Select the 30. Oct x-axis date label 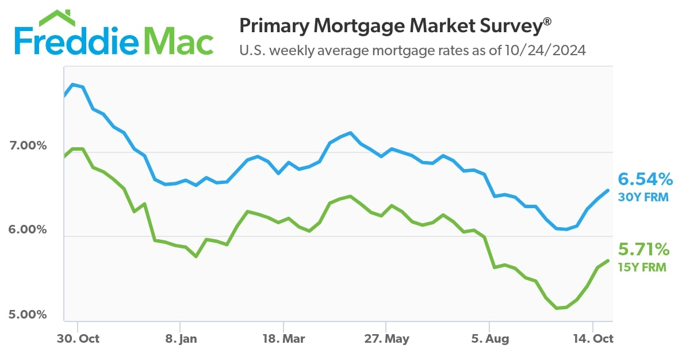pyautogui.click(x=79, y=339)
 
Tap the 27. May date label pyautogui.click(x=386, y=339)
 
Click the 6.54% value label pyautogui.click(x=645, y=179)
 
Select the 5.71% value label pyautogui.click(x=644, y=250)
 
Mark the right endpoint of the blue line pyautogui.click(x=608, y=190)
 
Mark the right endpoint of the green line pyautogui.click(x=608, y=261)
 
